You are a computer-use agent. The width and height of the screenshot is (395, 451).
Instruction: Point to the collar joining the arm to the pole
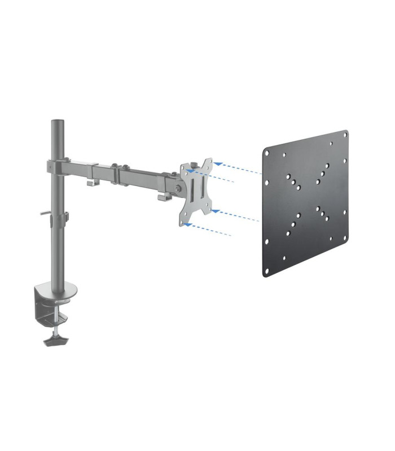pos(58,167)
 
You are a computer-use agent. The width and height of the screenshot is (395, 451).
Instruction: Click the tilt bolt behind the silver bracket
pos(179,188)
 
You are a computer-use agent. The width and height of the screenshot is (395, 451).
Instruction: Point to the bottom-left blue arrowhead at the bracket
pos(188,225)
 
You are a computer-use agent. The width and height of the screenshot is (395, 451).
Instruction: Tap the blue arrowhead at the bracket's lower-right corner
pos(214,211)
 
